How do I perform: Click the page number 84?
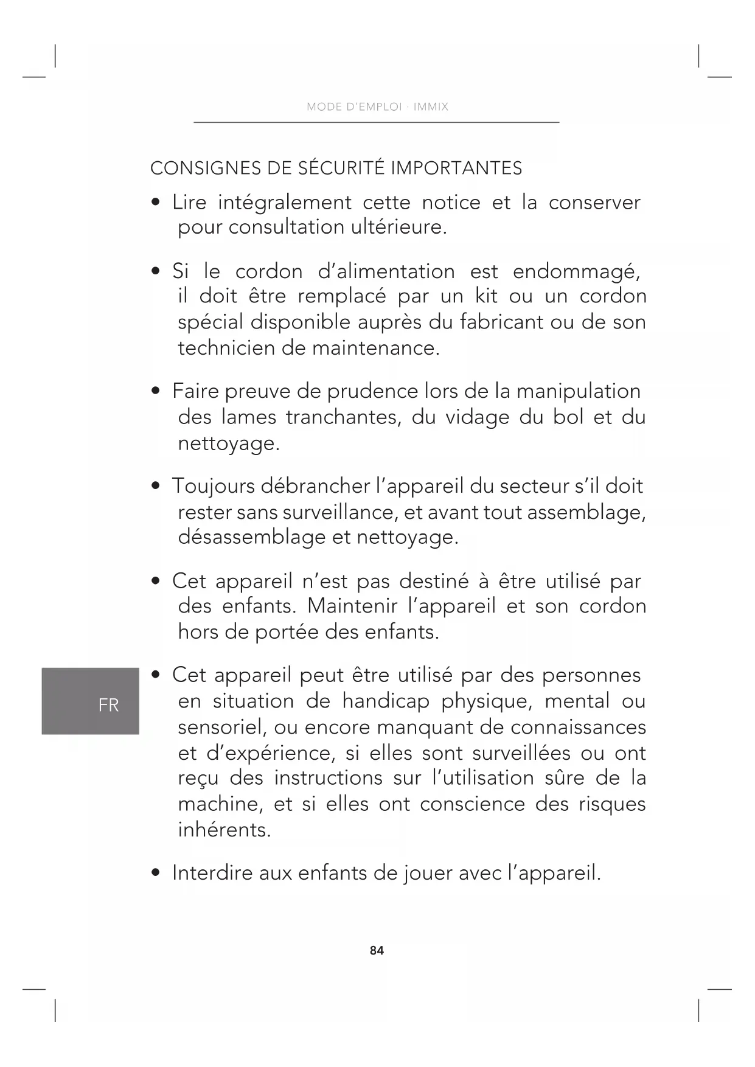coord(377,950)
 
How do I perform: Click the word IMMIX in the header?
coord(431,107)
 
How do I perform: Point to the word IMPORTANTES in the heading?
coord(456,168)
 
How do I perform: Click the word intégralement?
coord(285,203)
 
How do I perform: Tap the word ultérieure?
coord(398,228)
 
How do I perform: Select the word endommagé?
coord(576,271)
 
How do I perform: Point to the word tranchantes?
coord(343,417)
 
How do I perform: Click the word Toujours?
coord(213,486)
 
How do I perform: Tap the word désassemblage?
coord(251,537)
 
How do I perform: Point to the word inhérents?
coord(224,830)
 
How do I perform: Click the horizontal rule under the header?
coord(376,122)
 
